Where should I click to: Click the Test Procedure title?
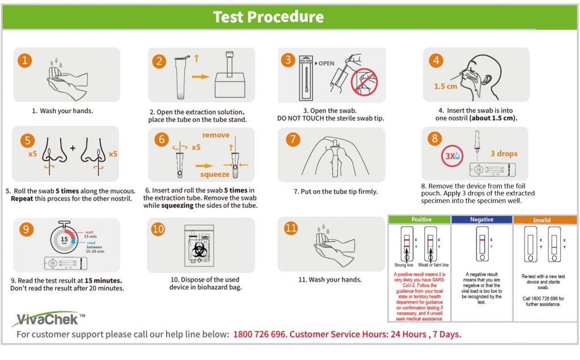point(268,16)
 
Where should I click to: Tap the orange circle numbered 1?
point(24,61)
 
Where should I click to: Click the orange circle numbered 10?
point(159,229)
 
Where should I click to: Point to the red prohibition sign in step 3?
point(363,82)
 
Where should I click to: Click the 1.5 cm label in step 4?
point(446,87)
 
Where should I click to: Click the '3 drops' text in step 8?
point(503,153)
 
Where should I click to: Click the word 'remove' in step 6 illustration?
point(216,135)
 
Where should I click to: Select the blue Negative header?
point(482,220)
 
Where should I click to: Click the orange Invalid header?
point(545,220)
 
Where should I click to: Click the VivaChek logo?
point(45,319)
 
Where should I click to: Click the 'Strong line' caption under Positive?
point(404,265)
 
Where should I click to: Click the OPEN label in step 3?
point(326,63)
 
